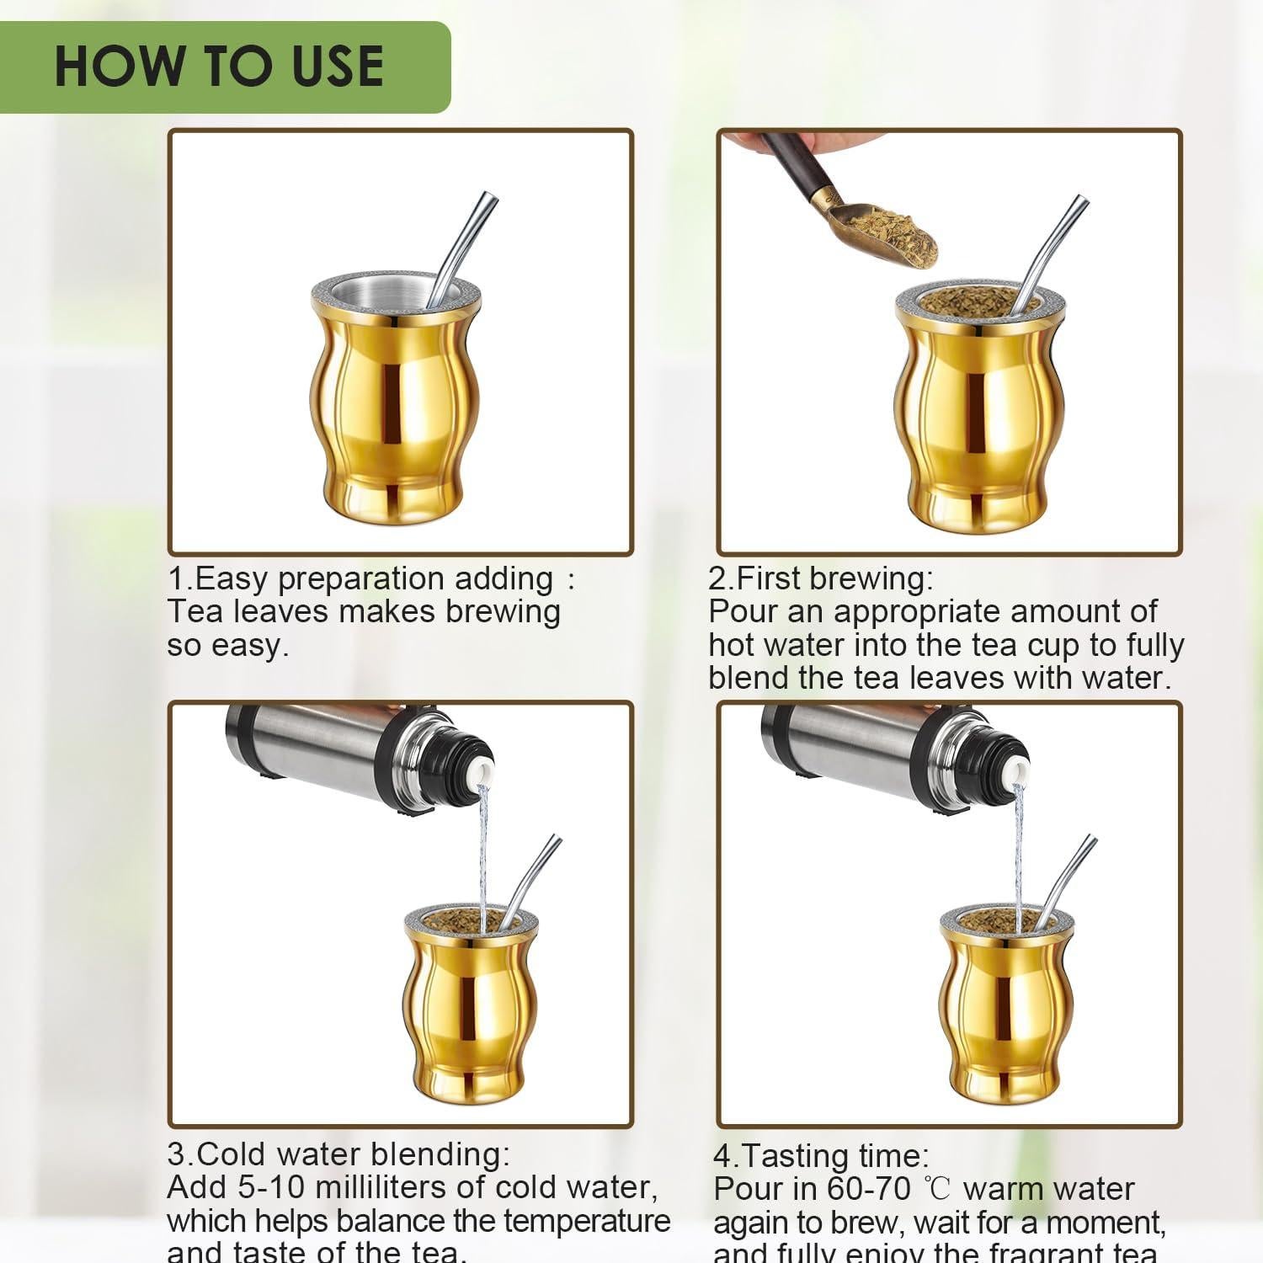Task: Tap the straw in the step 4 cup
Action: (x=1069, y=876)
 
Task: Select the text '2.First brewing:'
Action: (x=821, y=578)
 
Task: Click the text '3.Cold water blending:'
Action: (x=338, y=1154)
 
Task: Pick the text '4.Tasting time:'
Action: (x=821, y=1155)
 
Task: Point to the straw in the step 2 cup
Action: (x=1052, y=244)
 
